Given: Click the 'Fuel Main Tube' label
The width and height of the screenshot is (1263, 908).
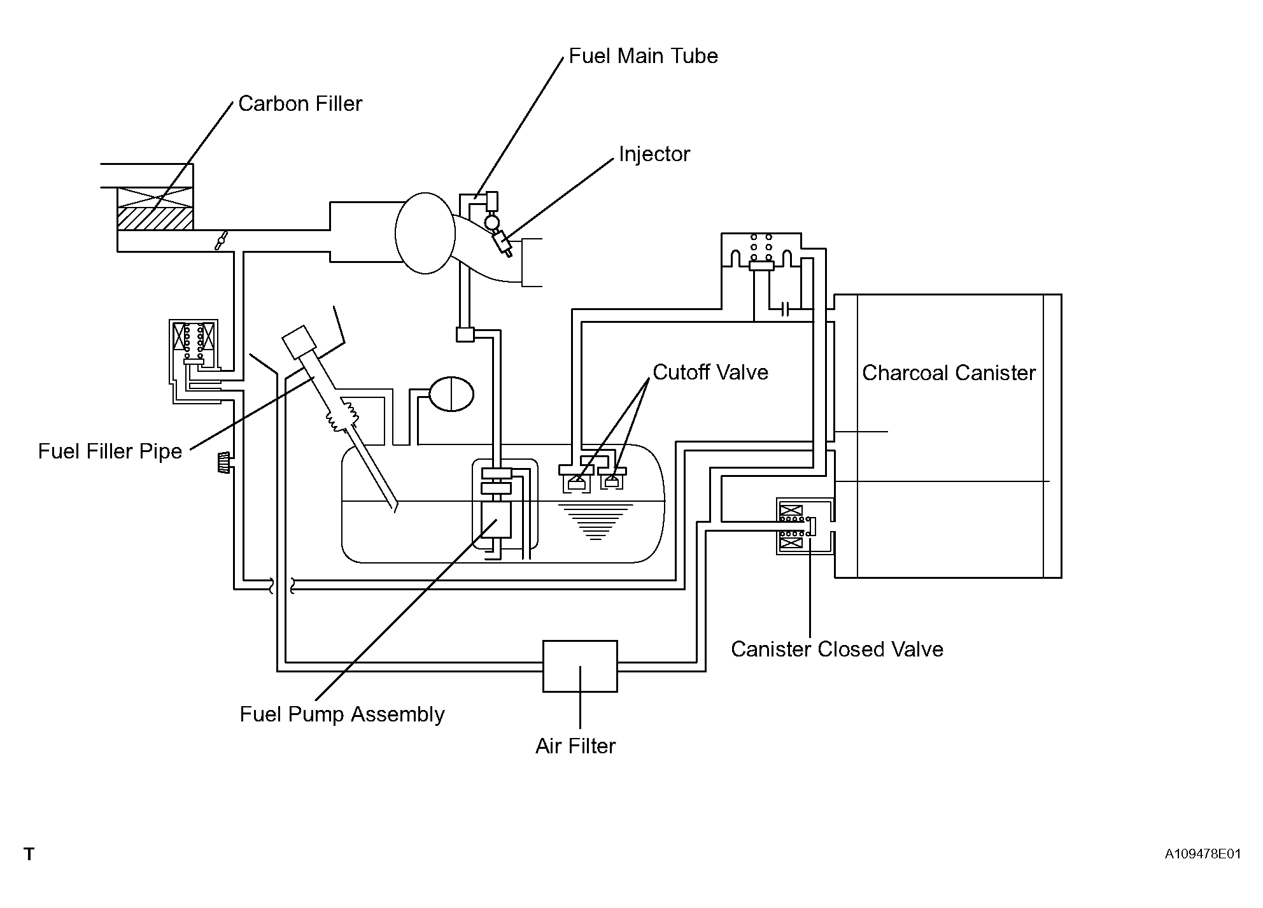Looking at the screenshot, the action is (643, 56).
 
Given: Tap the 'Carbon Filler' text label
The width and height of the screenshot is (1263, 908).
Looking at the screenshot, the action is (300, 104).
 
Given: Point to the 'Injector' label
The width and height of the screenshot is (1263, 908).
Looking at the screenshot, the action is (654, 154).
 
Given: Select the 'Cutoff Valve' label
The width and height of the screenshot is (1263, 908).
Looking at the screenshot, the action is (710, 372).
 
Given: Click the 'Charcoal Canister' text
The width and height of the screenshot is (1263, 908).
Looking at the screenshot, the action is (949, 372).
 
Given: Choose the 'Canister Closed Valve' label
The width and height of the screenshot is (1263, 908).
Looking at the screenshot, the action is (836, 649).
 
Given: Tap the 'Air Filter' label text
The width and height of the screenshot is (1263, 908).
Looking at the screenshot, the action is (575, 746).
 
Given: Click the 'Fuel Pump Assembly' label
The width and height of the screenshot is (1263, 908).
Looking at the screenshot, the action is (342, 714).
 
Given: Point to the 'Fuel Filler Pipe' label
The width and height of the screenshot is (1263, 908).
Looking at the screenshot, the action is (110, 451).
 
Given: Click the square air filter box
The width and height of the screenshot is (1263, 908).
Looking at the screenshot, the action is (580, 666).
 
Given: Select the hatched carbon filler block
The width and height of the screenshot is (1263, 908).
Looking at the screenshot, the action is (155, 218).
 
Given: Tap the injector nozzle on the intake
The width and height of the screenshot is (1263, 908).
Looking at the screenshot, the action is (502, 243).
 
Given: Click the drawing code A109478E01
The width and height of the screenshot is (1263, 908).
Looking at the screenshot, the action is (1203, 854).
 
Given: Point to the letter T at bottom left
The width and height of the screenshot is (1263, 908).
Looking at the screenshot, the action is (29, 855).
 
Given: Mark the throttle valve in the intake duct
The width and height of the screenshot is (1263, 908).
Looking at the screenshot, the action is (220, 242).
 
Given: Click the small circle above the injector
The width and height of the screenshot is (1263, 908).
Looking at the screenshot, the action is (492, 222).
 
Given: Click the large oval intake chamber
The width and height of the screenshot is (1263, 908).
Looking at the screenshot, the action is (425, 233).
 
